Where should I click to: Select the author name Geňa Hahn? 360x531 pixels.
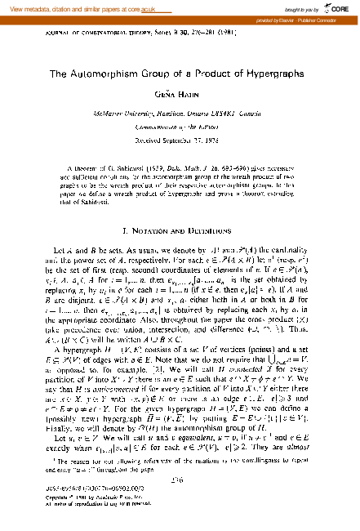point(180,94)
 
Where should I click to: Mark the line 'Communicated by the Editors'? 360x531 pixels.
point(180,127)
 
